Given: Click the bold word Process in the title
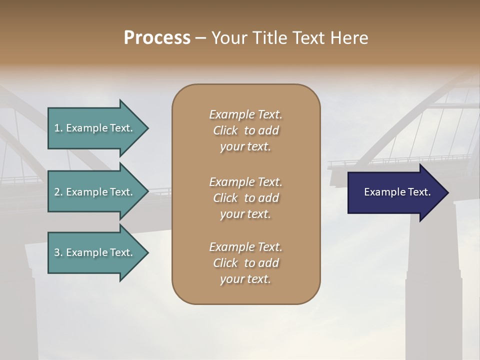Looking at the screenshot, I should (157, 38).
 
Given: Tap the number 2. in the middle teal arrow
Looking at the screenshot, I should (58, 192).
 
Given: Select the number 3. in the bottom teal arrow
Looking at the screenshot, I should (58, 252).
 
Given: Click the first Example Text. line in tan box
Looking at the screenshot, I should (245, 114).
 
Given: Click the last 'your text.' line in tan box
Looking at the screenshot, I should (245, 279).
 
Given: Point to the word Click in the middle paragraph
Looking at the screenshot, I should (225, 198).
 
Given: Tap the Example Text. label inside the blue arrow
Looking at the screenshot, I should (397, 192).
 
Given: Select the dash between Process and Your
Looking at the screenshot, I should (200, 38).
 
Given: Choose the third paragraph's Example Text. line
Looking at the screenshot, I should (245, 247).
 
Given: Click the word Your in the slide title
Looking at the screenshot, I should (229, 38).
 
